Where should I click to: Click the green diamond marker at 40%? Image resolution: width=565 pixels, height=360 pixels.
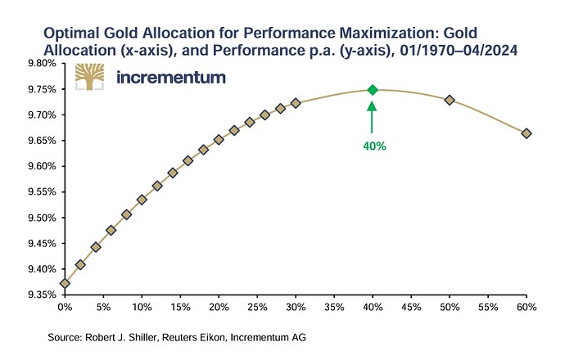click(372, 90)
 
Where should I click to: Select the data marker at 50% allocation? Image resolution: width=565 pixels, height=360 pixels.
click(449, 100)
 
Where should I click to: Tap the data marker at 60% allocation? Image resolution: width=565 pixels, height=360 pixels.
click(526, 133)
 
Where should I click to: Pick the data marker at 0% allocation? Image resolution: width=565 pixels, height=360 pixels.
click(65, 284)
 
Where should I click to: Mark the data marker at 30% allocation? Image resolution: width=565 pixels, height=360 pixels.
click(296, 103)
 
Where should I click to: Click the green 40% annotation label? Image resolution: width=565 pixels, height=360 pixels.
click(372, 147)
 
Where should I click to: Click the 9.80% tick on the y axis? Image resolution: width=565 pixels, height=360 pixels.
click(42, 63)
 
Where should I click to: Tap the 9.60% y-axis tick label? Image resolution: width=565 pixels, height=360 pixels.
click(42, 166)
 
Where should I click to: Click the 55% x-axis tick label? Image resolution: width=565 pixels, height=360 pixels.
click(487, 307)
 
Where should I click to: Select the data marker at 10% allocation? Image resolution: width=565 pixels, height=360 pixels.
click(142, 199)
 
